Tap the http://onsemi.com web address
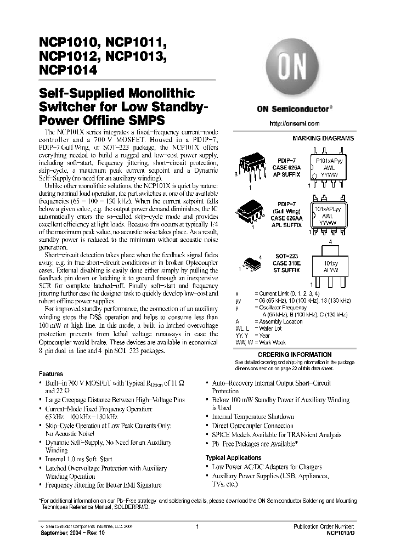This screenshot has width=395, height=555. (295, 123)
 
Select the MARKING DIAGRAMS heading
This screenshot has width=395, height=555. (323, 139)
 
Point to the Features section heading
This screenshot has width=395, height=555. (51, 373)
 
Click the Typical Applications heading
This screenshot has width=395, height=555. (233, 457)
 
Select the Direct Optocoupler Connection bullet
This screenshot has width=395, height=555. (252, 426)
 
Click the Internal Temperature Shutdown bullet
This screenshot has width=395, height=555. (253, 417)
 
